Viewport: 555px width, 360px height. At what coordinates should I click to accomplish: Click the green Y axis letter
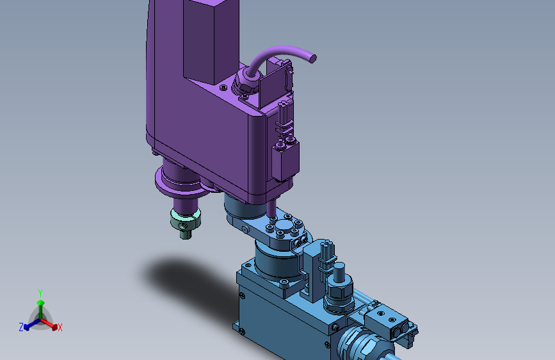pyautogui.click(x=40, y=293)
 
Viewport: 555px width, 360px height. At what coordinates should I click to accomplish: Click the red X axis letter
pyautogui.click(x=60, y=327)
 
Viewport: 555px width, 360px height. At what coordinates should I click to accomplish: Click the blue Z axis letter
pyautogui.click(x=21, y=327)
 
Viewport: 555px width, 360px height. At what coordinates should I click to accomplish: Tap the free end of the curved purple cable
pyautogui.click(x=312, y=58)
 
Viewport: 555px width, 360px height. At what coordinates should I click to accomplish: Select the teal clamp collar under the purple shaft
pyautogui.click(x=186, y=219)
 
